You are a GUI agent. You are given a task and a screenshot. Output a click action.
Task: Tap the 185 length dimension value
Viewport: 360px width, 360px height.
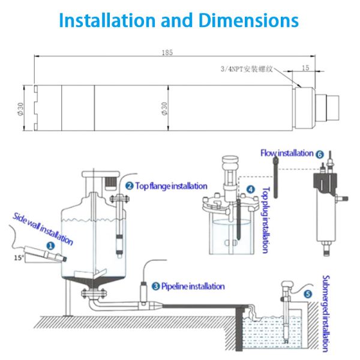(167, 53)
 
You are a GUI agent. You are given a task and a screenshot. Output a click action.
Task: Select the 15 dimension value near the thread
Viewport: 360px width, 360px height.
(306, 68)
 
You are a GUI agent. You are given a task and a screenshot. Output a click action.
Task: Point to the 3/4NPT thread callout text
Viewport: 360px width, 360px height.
(247, 69)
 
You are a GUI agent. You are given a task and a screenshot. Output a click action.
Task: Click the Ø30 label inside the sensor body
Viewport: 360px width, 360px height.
(164, 108)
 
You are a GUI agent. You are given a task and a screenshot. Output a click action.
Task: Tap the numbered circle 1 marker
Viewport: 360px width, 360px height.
(50, 245)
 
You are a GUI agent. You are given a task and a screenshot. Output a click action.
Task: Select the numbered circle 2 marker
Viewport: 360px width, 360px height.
(129, 185)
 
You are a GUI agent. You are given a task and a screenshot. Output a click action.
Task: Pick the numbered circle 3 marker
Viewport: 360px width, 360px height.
(155, 287)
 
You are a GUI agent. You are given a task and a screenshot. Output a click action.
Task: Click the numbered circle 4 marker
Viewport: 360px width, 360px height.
(250, 190)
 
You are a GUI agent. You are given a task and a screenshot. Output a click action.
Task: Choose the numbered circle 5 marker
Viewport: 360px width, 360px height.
(308, 295)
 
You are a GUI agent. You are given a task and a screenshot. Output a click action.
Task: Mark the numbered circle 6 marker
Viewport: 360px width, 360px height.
(320, 154)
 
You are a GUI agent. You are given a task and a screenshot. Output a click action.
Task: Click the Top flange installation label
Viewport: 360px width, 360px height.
(171, 186)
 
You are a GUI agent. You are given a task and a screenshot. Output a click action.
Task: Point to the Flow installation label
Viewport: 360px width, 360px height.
(287, 154)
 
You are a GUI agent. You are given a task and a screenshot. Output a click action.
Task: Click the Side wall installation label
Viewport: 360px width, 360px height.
(42, 229)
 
